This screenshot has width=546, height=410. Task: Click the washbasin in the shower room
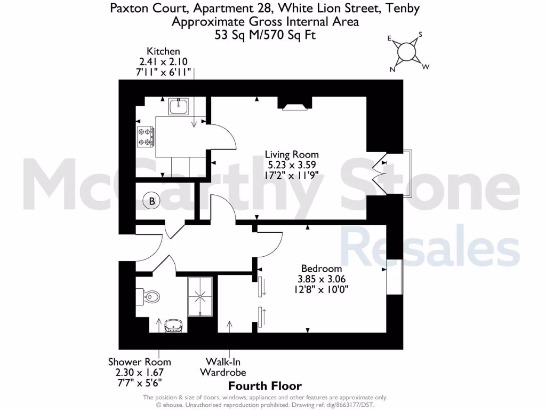[172, 325]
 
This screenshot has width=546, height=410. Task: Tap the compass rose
[407, 52]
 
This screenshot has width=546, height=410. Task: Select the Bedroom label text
[321, 269]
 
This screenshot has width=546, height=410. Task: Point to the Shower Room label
[139, 362]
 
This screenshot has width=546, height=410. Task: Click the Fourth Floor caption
[265, 386]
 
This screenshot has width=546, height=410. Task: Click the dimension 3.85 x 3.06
[321, 279]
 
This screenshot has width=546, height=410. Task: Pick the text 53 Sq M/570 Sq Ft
[265, 34]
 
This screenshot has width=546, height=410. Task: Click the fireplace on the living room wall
[295, 105]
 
